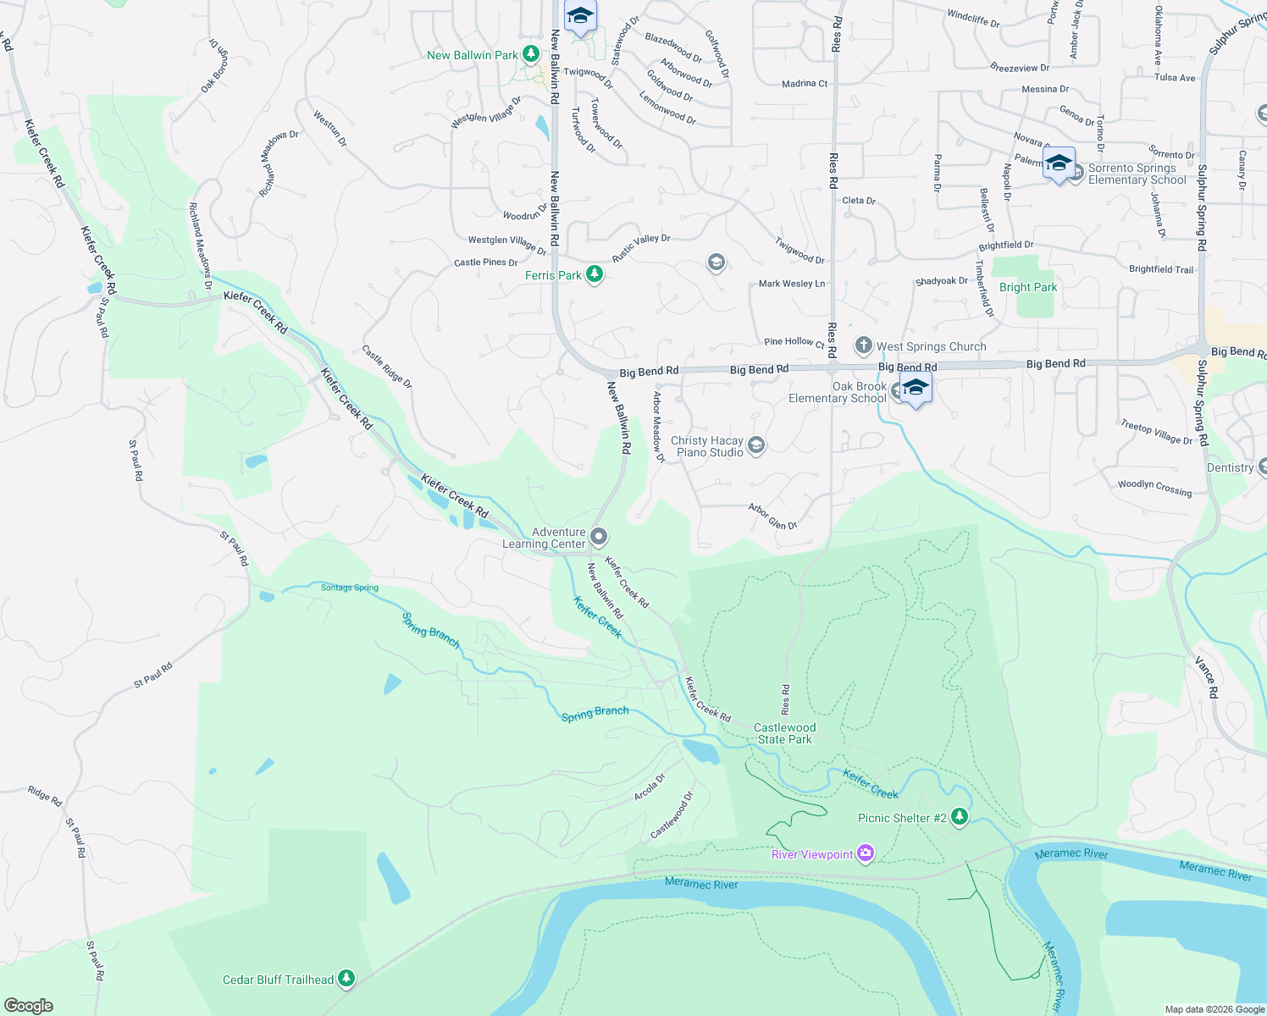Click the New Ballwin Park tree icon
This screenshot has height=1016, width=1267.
coord(531,55)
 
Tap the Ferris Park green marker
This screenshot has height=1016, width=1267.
coord(595,274)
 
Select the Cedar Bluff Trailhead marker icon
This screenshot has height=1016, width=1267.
coord(346,979)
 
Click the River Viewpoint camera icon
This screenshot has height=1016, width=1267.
coord(865,853)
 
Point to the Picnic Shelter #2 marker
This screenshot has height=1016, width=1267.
coord(959,817)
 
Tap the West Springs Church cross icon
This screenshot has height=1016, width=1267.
coord(863,345)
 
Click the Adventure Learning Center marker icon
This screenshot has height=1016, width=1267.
coord(599,537)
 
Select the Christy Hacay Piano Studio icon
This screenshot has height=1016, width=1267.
coord(756,445)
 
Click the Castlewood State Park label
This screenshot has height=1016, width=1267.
coord(784,733)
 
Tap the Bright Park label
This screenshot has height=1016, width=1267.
coord(1027,287)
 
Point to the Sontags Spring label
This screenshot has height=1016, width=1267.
coord(349,588)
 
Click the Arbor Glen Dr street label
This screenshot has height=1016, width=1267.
coord(772,516)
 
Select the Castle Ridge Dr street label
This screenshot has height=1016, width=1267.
coord(386,366)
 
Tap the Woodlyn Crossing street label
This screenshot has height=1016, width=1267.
coord(1154,487)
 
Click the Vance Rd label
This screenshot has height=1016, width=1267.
coord(1207,676)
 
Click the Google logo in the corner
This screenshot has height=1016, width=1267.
coord(29,1005)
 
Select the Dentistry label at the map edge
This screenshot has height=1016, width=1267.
coord(1230,467)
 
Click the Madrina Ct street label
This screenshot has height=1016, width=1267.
coord(805,84)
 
